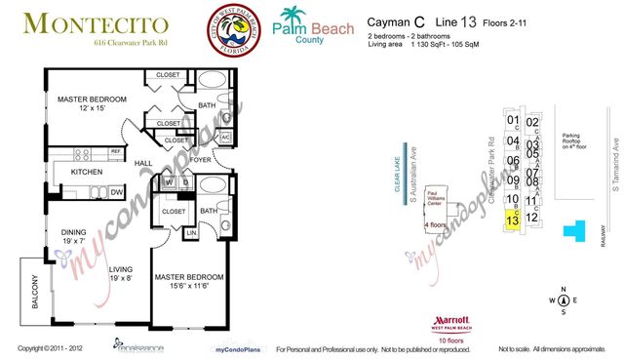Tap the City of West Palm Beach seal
coord(232,27)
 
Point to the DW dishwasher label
coord(115,191)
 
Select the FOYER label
coord(200,160)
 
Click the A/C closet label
coord(223,138)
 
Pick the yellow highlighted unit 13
coord(512,221)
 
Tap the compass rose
coord(563,300)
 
